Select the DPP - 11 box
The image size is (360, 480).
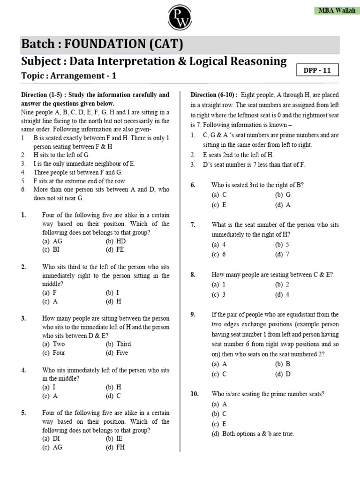[x=317, y=70]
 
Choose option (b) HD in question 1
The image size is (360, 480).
[x=115, y=241]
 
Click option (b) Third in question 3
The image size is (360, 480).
[x=119, y=344]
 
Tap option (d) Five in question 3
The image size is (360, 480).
[x=117, y=352]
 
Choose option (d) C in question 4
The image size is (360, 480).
[x=113, y=396]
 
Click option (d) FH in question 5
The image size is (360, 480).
[x=115, y=447]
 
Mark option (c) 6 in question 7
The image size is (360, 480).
[x=218, y=254]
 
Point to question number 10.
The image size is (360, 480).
[x=195, y=394]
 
